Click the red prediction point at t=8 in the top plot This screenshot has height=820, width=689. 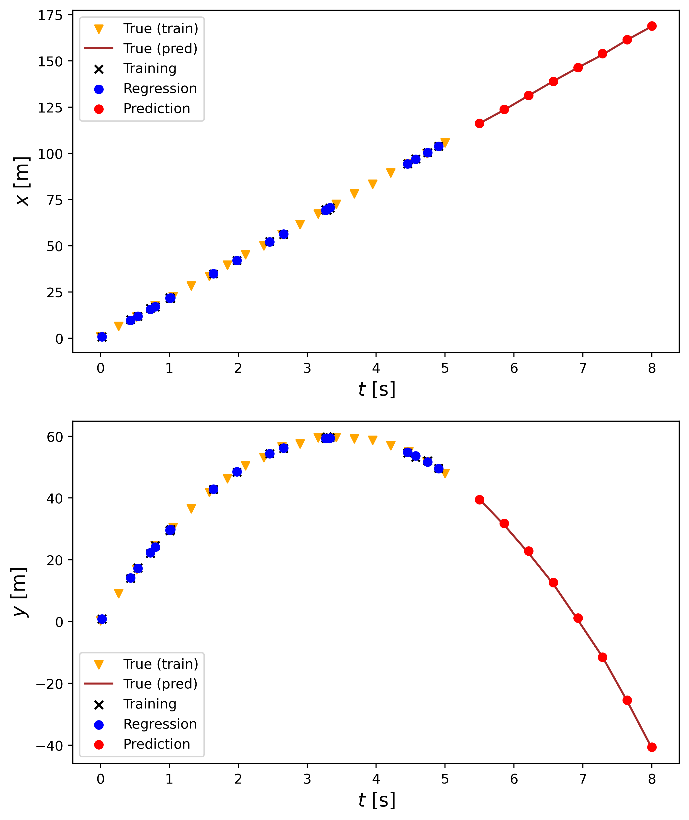pyautogui.click(x=652, y=26)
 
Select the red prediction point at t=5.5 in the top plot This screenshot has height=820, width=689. pyautogui.click(x=479, y=124)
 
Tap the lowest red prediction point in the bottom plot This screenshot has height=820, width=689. pyautogui.click(x=652, y=747)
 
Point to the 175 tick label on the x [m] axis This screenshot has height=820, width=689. pyautogui.click(x=50, y=16)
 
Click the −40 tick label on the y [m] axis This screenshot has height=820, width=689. pyautogui.click(x=49, y=746)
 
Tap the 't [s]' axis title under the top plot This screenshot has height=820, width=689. pyautogui.click(x=377, y=390)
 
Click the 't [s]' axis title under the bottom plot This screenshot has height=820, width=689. pyautogui.click(x=377, y=800)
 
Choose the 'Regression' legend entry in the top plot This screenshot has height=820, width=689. pyautogui.click(x=160, y=89)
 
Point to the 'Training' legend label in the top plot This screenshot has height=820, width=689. pyautogui.click(x=150, y=68)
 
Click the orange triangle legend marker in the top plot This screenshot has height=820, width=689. pyautogui.click(x=99, y=29)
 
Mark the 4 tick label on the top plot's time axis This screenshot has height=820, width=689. pyautogui.click(x=376, y=368)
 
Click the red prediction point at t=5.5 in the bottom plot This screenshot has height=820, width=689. pyautogui.click(x=479, y=500)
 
